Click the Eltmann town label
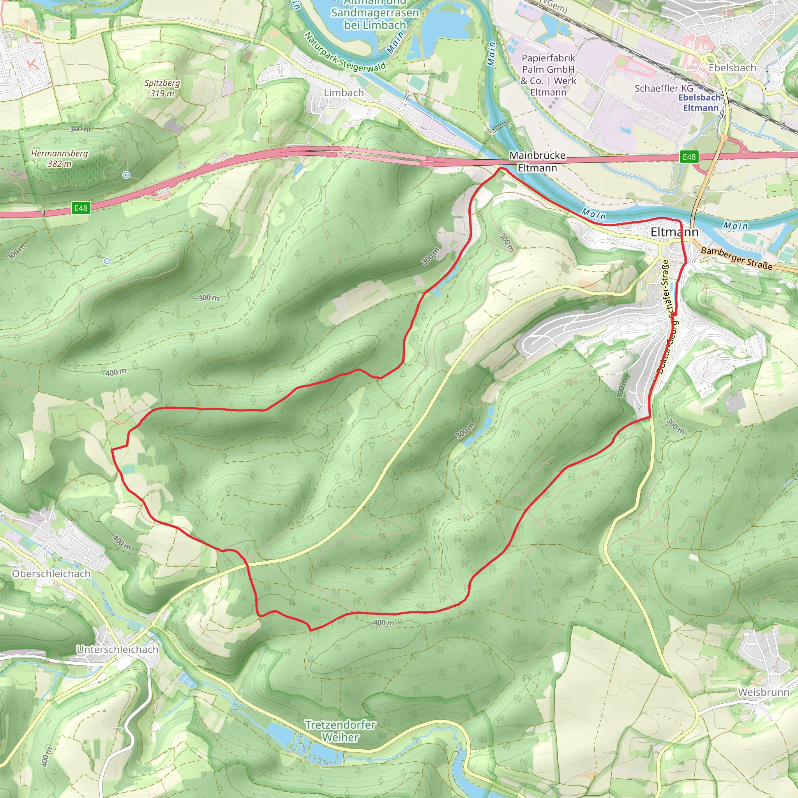pos(674,232)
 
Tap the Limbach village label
pos(344,93)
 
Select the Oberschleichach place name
pos(51,574)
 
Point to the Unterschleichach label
pos(118,650)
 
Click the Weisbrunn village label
pos(763,692)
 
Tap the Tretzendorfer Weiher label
pos(340,731)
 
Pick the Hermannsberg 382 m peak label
pos(60,159)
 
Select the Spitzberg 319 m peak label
pos(162,88)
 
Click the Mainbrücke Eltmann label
pos(537,161)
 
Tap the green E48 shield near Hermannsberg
pos(81,208)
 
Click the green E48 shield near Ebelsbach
pos(689,157)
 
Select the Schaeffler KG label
pos(664,88)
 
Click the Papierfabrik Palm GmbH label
pos(548,75)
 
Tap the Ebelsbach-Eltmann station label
pos(701,103)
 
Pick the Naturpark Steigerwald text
pos(344,53)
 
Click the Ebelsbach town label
pos(732,68)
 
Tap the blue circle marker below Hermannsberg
pos(126,175)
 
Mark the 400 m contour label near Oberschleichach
pos(122,543)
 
